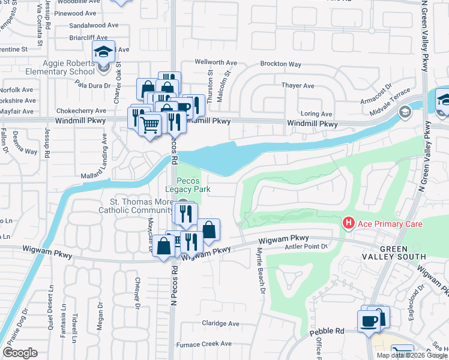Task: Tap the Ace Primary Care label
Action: point(390,224)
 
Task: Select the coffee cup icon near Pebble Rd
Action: point(368,320)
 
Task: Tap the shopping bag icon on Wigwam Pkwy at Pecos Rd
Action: point(164,247)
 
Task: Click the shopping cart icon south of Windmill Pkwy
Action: point(149,125)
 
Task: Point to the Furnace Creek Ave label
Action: point(203,344)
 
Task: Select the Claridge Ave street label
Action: point(220,323)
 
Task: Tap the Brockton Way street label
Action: point(280,64)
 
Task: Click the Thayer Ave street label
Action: point(298,86)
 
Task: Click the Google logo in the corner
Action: point(20,352)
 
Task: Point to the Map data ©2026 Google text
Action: point(411,355)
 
